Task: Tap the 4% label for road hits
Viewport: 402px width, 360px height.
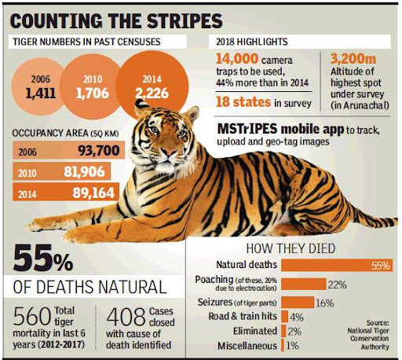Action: pos(296,317)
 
